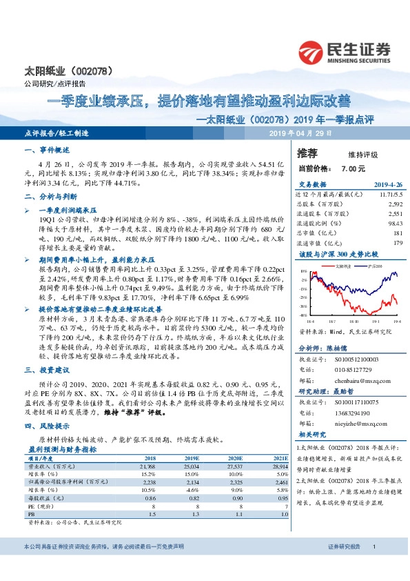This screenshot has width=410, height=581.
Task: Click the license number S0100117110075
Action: (360, 400)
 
